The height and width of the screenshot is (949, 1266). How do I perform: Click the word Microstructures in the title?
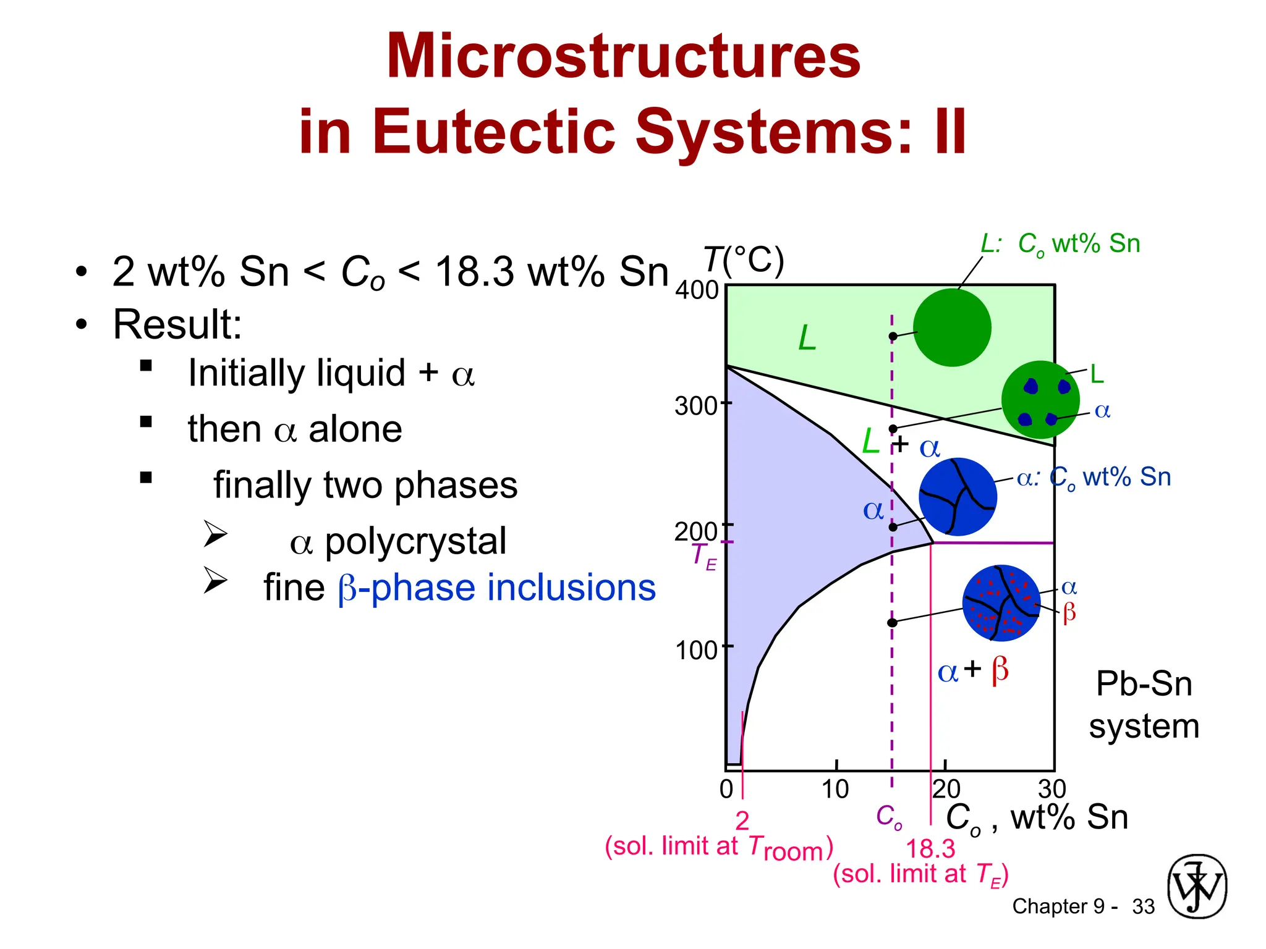pyautogui.click(x=623, y=57)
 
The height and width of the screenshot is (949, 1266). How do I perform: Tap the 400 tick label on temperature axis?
pyautogui.click(x=696, y=290)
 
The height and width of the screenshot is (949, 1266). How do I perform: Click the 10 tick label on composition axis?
pyautogui.click(x=835, y=790)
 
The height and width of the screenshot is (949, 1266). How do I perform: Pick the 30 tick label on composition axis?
pyautogui.click(x=1052, y=790)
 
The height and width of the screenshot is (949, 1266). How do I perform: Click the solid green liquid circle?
pyautogui.click(x=952, y=327)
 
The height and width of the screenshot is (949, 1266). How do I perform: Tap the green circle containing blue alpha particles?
pyautogui.click(x=1040, y=400)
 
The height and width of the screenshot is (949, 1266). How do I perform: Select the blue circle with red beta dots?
pyautogui.click(x=1001, y=603)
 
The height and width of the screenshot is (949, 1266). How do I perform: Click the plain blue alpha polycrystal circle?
pyautogui.click(x=958, y=497)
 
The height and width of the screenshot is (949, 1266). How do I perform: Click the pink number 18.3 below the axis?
pyautogui.click(x=930, y=849)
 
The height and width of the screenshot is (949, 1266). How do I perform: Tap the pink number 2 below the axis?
pyautogui.click(x=742, y=820)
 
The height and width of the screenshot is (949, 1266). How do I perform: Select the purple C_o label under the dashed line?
pyautogui.click(x=889, y=817)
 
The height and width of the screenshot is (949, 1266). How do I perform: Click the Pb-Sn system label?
pyautogui.click(x=1144, y=705)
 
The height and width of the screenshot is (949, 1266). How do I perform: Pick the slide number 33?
pyautogui.click(x=1143, y=906)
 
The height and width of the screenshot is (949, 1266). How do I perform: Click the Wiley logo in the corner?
pyautogui.click(x=1197, y=886)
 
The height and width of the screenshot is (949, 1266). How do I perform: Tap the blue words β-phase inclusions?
pyautogui.click(x=496, y=588)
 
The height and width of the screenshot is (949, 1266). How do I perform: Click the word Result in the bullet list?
pyautogui.click(x=176, y=324)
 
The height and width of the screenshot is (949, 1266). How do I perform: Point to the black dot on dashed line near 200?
pyautogui.click(x=893, y=527)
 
